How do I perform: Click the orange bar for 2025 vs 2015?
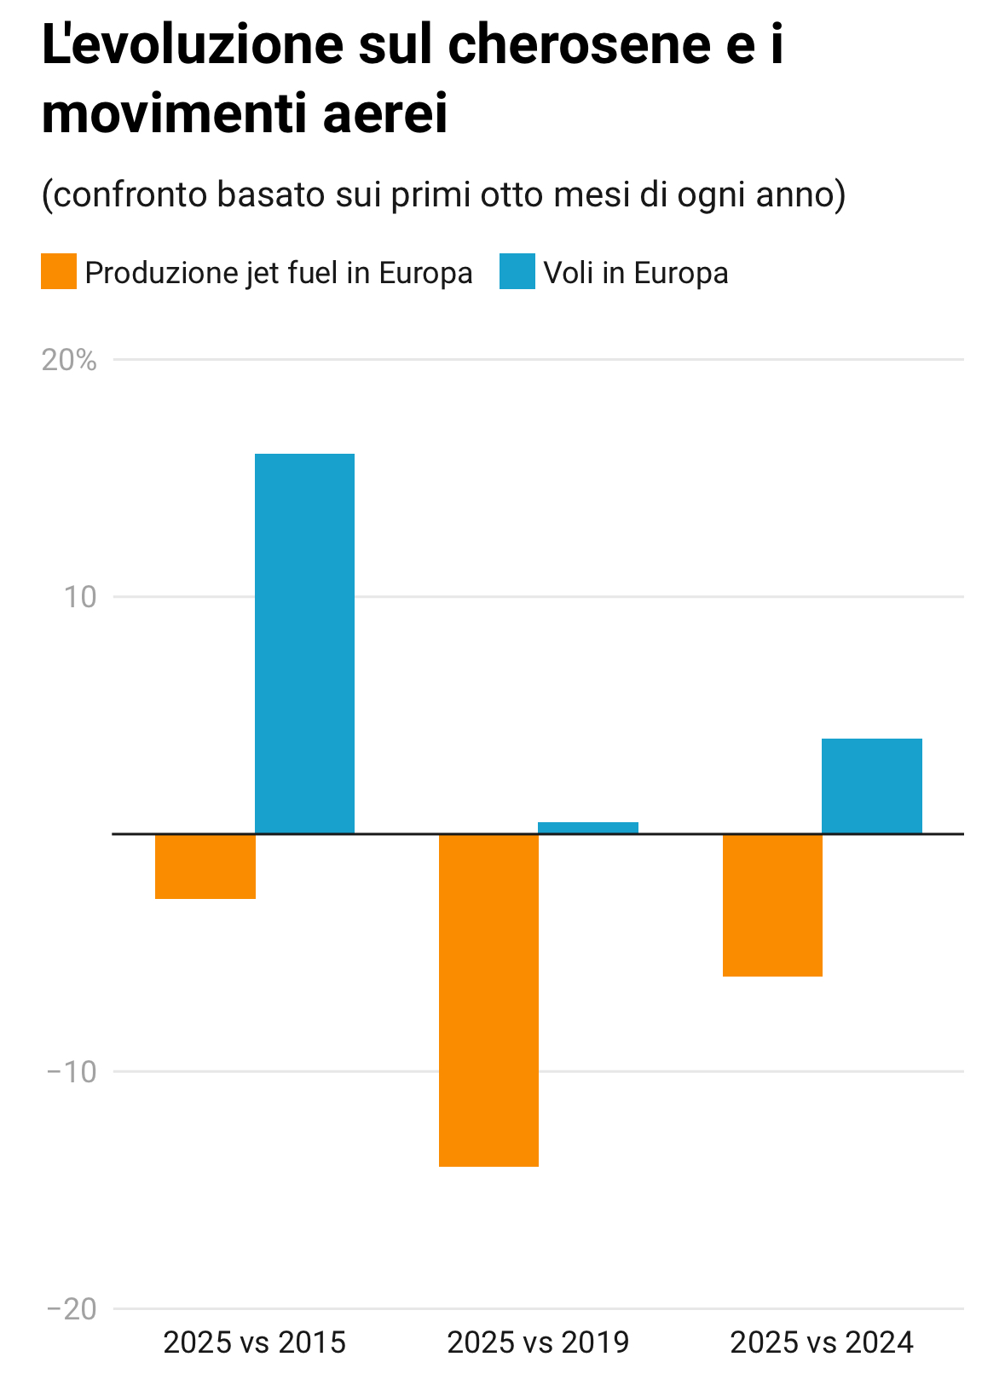205,866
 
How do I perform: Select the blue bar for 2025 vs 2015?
304,643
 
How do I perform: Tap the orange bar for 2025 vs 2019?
488,1000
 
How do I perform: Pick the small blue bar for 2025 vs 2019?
588,827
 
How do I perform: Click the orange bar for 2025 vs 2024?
772,905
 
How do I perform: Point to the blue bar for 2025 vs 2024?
871,786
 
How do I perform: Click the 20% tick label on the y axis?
69,360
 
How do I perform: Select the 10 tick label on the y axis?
80,597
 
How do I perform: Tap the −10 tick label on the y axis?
72,1071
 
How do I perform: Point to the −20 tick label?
72,1308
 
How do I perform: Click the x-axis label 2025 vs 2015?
255,1342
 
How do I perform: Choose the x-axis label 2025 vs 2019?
538,1342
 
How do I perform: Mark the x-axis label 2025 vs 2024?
822,1342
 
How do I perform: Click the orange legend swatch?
59,272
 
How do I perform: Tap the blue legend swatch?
517,272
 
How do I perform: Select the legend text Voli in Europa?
636,273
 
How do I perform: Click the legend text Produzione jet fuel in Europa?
279,273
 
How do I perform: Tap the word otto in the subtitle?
511,194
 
